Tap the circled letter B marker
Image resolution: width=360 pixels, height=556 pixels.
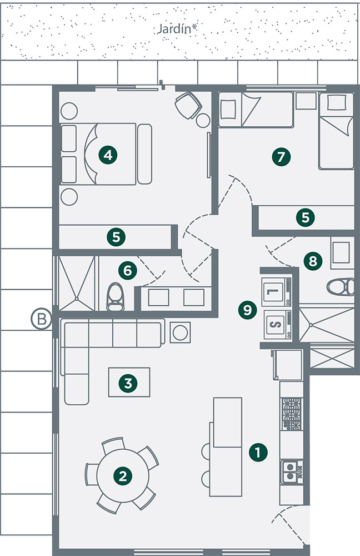click(x=42, y=319)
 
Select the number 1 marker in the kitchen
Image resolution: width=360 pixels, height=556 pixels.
click(x=258, y=452)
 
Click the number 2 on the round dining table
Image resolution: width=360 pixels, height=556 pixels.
click(x=123, y=475)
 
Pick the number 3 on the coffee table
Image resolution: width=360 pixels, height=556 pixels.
click(x=128, y=383)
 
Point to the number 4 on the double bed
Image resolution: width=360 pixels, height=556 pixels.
click(x=108, y=155)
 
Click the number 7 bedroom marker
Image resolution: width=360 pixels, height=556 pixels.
click(x=281, y=156)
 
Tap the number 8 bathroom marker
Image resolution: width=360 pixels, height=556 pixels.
click(x=313, y=261)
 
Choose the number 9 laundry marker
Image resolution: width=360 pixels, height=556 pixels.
click(x=247, y=310)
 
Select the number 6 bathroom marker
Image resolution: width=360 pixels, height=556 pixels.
click(x=128, y=271)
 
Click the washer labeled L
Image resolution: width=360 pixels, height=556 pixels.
click(x=276, y=291)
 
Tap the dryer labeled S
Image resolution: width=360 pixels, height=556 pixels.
click(x=278, y=325)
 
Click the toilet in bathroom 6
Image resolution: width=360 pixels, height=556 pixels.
click(x=116, y=297)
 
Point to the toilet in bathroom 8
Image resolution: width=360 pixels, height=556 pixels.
click(x=341, y=287)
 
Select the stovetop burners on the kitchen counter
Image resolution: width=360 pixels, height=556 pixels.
click(x=291, y=414)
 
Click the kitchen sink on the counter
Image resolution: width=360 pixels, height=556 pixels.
click(x=292, y=471)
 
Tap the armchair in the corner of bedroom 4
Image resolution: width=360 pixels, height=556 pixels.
click(x=188, y=105)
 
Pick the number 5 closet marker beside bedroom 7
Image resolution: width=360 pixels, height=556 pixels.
click(x=306, y=217)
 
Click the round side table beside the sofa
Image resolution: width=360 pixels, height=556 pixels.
click(x=181, y=332)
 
